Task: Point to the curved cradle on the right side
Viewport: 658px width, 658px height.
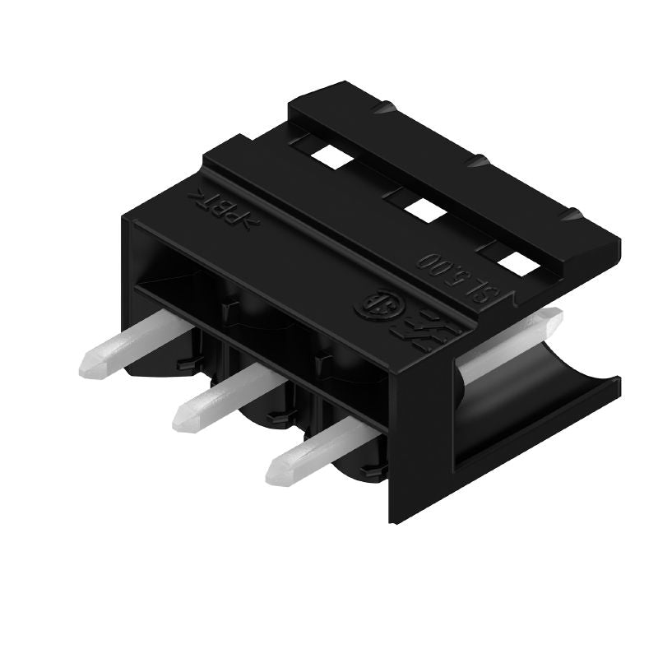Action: (x=535, y=395)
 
